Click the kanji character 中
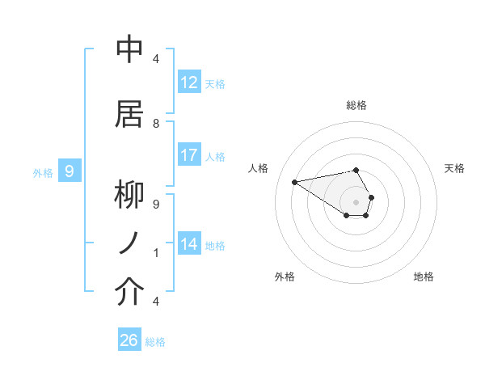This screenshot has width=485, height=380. click(x=129, y=49)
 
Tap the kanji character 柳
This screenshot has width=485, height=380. click(x=129, y=196)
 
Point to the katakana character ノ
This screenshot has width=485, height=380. click(x=129, y=243)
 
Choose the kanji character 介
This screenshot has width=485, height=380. click(x=129, y=292)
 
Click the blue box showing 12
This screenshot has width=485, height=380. click(x=189, y=82)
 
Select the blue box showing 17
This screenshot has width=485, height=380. click(x=189, y=155)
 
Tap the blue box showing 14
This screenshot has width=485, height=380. click(x=189, y=244)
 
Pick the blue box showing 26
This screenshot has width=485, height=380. click(x=129, y=340)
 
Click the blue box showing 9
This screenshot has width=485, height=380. click(x=70, y=171)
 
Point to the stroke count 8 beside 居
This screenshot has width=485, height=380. click(x=156, y=123)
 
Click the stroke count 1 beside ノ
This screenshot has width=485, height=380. click(x=156, y=253)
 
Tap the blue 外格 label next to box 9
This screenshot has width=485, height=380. click(x=42, y=172)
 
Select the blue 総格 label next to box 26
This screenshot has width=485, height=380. click(x=155, y=342)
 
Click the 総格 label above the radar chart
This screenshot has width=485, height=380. click(x=356, y=105)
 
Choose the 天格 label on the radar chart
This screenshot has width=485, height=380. click(x=454, y=168)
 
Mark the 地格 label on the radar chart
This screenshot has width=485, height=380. click(x=424, y=277)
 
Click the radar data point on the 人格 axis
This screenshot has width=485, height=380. click(x=294, y=181)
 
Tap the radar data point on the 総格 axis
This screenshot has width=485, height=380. click(x=356, y=170)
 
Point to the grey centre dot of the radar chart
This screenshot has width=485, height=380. click(x=356, y=201)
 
